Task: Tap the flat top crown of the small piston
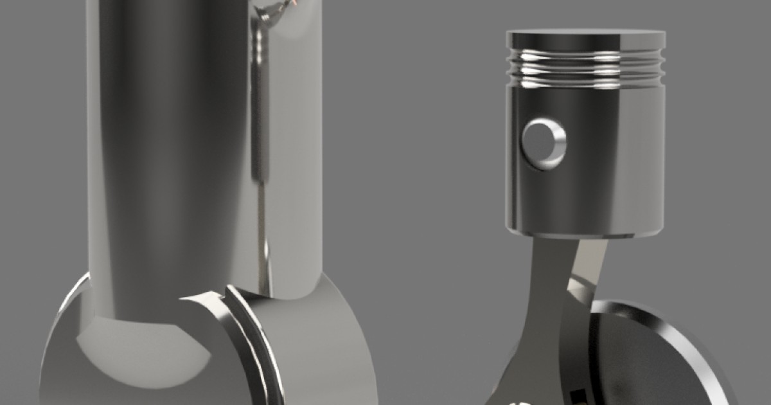tap(585, 37)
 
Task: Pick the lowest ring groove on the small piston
tap(585, 80)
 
